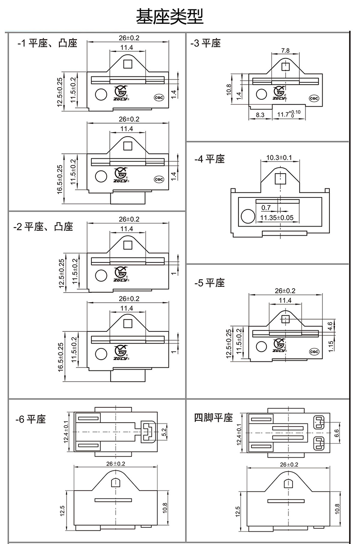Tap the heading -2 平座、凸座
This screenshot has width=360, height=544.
pyautogui.click(x=43, y=226)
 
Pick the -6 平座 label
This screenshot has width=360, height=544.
pyautogui.click(x=30, y=419)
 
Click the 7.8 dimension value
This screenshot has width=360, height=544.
pyautogui.click(x=285, y=50)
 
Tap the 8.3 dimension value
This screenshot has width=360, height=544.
pyautogui.click(x=260, y=115)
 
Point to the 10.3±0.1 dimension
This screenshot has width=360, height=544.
pyautogui.click(x=279, y=158)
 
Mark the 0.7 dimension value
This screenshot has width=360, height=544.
pyautogui.click(x=266, y=208)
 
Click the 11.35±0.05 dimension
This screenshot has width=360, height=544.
pyautogui.click(x=277, y=218)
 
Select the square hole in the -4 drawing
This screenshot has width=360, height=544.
pyautogui.click(x=280, y=178)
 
